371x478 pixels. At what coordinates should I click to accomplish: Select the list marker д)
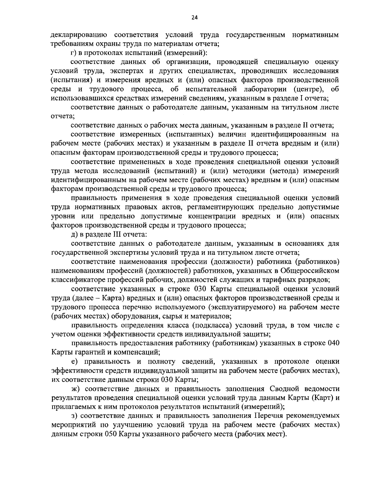pos(74,235)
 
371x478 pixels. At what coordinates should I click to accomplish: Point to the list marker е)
pos(74,361)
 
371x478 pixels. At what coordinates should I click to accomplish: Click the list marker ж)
pos(75,388)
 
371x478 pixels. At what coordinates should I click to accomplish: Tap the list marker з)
pos(74,416)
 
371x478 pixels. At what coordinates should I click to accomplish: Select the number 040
pos(333,343)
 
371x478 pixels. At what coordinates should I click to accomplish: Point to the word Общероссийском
pos(310,271)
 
